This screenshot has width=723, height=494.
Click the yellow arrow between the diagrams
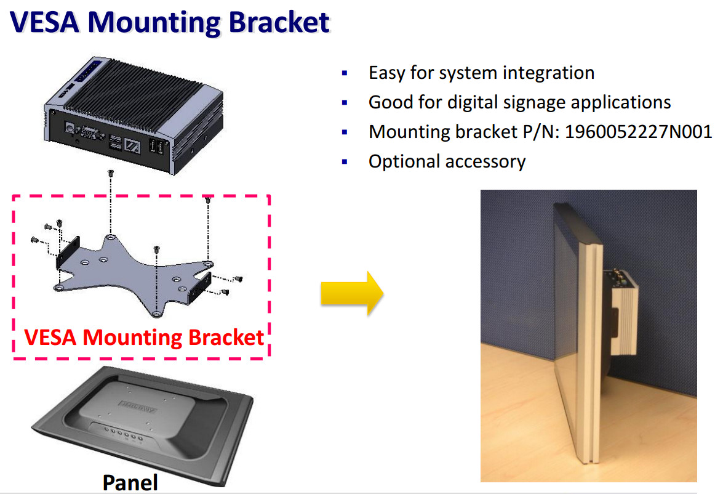351,293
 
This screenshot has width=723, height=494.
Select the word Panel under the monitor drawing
130,482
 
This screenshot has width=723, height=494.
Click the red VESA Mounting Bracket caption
144,338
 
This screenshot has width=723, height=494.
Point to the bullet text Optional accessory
447,161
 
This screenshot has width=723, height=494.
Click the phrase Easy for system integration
481,73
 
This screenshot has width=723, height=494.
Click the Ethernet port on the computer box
133,146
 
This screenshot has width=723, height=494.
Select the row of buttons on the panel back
122,435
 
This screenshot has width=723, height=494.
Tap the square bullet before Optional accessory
345,162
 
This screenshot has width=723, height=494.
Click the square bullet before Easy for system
345,73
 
